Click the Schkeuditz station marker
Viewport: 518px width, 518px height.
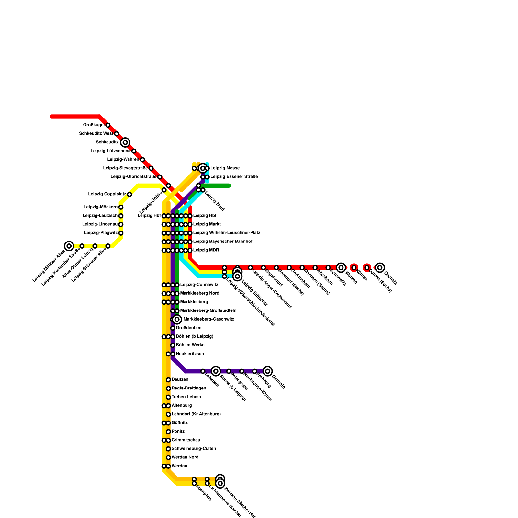pos(125,142)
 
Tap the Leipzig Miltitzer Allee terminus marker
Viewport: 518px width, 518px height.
pos(69,246)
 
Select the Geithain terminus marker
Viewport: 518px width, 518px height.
pos(268,371)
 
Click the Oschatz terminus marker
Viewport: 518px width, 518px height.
pos(380,268)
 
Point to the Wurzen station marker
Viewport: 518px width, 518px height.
pos(341,268)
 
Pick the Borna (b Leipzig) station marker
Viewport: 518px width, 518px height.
pos(216,371)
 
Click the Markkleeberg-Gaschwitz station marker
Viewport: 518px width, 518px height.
pos(177,320)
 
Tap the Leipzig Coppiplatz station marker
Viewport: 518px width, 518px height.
pos(129,194)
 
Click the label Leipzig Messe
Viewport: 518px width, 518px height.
pos(225,168)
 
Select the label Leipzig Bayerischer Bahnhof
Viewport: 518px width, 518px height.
pos(223,242)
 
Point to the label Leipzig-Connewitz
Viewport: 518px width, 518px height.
pos(199,285)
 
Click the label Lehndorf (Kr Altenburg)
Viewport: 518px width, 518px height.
pos(196,414)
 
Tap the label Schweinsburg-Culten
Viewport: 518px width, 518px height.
pos(194,449)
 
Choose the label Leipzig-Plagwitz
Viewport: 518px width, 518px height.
pos(101,233)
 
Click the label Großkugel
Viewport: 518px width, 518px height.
pos(94,125)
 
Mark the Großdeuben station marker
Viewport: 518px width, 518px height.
pos(173,328)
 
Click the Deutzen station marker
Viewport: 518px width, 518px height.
pos(168,380)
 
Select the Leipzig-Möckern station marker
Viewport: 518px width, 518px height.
pos(121,207)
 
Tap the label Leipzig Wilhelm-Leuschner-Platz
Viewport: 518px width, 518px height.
pos(227,233)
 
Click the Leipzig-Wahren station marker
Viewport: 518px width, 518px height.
pos(142,160)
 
